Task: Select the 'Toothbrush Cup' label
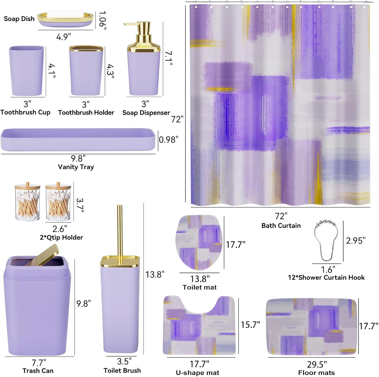tap(25, 112)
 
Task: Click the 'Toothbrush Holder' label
tap(86, 112)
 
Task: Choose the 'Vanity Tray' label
tap(76, 167)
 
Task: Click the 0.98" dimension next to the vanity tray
tap(169, 140)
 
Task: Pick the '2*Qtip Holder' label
tap(61, 237)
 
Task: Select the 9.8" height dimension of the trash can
tap(84, 303)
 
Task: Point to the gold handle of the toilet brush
tap(120, 231)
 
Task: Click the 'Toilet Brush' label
tap(122, 370)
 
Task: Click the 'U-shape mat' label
tap(198, 373)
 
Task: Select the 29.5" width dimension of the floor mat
tap(317, 365)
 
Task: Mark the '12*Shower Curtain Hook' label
tap(326, 278)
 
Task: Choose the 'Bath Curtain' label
tap(281, 225)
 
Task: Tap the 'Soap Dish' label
tap(19, 19)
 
